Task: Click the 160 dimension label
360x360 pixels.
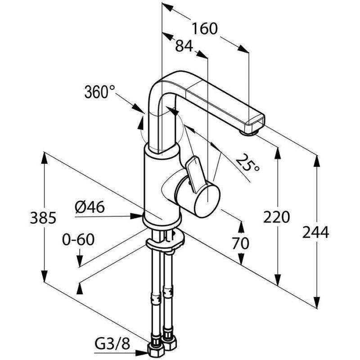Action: pyautogui.click(x=205, y=29)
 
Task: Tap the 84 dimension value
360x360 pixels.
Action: pyautogui.click(x=184, y=46)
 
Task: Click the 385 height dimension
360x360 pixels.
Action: pyautogui.click(x=43, y=218)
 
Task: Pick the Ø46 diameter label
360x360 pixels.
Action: pyautogui.click(x=90, y=207)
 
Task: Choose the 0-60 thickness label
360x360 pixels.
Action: pyautogui.click(x=78, y=239)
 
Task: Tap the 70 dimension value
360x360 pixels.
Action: pyautogui.click(x=240, y=243)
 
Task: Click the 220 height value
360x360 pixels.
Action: pyautogui.click(x=276, y=217)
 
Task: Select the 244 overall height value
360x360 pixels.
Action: pyautogui.click(x=316, y=232)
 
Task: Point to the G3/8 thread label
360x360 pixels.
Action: pyautogui.click(x=112, y=344)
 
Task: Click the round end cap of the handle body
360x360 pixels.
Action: pyautogui.click(x=207, y=201)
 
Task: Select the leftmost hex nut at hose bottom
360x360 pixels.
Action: pyautogui.click(x=155, y=351)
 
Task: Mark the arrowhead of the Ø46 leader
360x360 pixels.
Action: pyautogui.click(x=137, y=216)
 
